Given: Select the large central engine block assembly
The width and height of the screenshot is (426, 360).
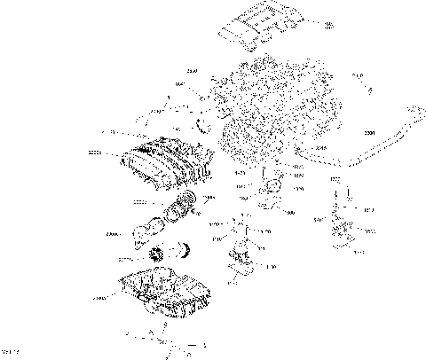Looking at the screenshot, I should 266,111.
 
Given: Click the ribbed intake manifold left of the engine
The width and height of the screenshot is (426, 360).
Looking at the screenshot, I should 164,164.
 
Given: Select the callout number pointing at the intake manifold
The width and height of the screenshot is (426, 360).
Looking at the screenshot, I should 95,153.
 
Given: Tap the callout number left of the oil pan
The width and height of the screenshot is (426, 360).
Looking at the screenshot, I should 99,299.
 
